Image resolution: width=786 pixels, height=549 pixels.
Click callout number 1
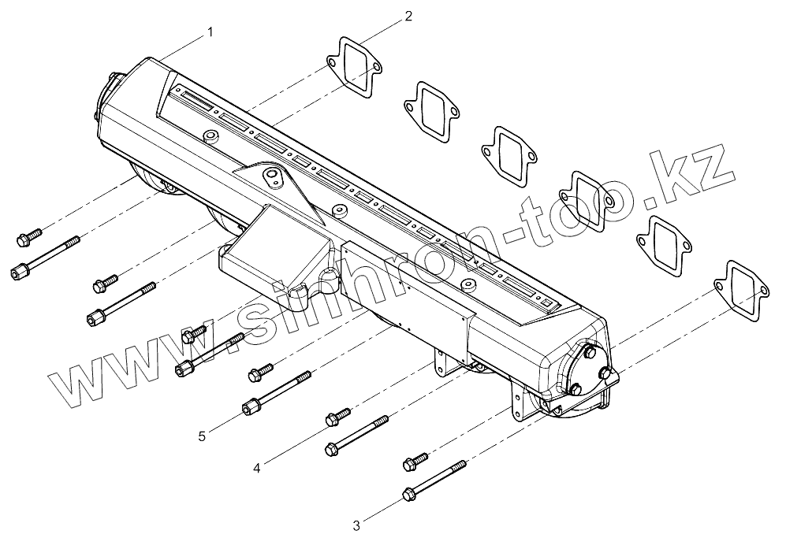click(210, 32)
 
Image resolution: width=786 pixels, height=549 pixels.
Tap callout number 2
click(408, 15)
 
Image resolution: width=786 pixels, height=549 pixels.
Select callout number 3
click(356, 525)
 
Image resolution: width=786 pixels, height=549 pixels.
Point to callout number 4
click(257, 468)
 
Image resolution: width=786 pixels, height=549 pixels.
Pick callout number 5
click(202, 436)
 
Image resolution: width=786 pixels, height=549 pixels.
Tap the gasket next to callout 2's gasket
click(430, 110)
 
